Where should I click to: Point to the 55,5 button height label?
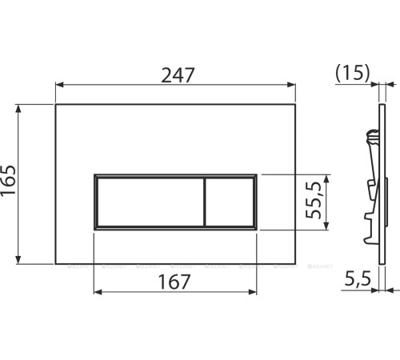(x=314, y=202)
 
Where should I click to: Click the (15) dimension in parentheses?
(x=353, y=74)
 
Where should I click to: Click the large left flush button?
(x=149, y=201)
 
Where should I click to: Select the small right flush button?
(x=230, y=201)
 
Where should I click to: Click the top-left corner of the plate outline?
(x=55, y=103)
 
